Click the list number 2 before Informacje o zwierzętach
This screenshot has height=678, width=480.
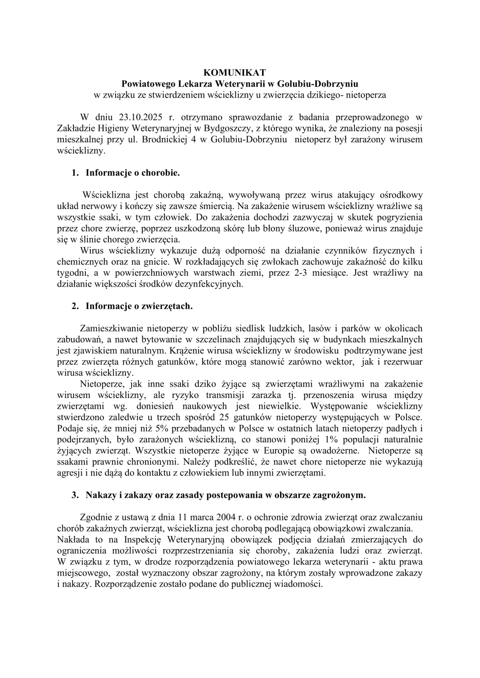tap(74, 306)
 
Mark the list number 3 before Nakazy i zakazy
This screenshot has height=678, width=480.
tap(74, 495)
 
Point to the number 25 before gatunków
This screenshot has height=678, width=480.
tap(225, 418)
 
